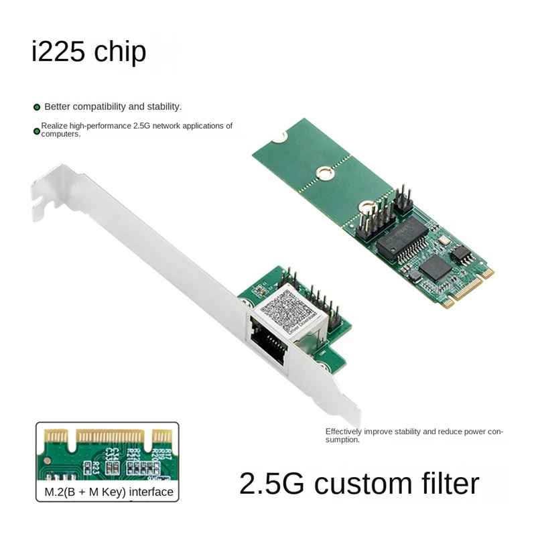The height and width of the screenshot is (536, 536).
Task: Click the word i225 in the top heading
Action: tap(58, 52)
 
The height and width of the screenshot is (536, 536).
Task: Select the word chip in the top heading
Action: tap(120, 52)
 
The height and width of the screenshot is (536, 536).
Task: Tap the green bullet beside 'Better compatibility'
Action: tap(37, 107)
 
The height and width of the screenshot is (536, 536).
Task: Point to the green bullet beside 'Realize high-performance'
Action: tap(36, 131)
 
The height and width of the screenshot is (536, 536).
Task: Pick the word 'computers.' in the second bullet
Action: tap(61, 134)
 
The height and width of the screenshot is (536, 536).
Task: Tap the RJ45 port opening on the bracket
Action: tap(267, 343)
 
